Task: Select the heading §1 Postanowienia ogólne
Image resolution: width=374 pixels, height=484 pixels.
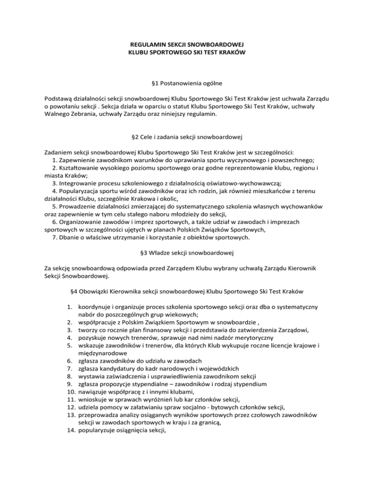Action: [187, 84]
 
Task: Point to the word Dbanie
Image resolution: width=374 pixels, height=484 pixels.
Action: [70, 238]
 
